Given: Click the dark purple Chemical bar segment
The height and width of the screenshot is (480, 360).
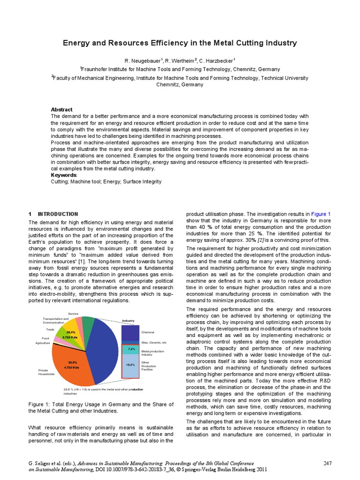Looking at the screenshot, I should pos(130,332).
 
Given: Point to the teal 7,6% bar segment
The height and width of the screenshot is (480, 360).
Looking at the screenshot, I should pos(130,350).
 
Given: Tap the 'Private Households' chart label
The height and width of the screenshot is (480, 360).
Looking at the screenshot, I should pos(46,372).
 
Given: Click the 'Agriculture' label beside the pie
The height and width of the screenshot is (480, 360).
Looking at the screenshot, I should pos(43,343).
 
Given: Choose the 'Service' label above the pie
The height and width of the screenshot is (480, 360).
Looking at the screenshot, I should pos(73,313).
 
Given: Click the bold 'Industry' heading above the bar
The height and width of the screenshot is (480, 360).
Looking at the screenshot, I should pos(128,321).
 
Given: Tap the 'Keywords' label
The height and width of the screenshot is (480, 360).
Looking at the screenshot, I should pos(64,175).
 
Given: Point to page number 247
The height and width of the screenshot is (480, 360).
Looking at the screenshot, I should pos(327,464).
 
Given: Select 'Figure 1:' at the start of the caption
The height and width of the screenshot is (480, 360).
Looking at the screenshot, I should pos(40,404).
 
